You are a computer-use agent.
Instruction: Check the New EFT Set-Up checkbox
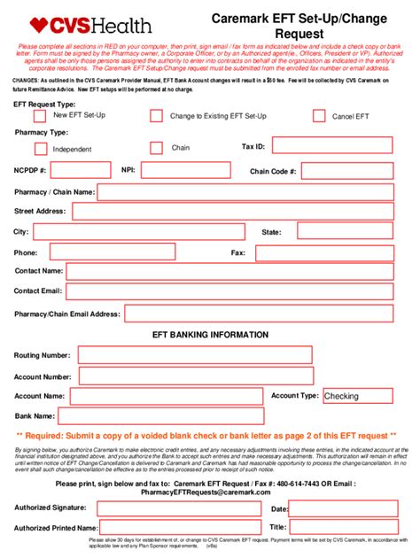40,116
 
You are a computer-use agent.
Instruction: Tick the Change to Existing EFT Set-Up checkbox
157,116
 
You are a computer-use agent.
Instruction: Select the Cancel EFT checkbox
319,116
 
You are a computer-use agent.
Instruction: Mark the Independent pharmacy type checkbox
40,148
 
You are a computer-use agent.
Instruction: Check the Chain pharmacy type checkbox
157,148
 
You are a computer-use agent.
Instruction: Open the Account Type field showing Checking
359,397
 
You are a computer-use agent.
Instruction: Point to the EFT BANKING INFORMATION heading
210,335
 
